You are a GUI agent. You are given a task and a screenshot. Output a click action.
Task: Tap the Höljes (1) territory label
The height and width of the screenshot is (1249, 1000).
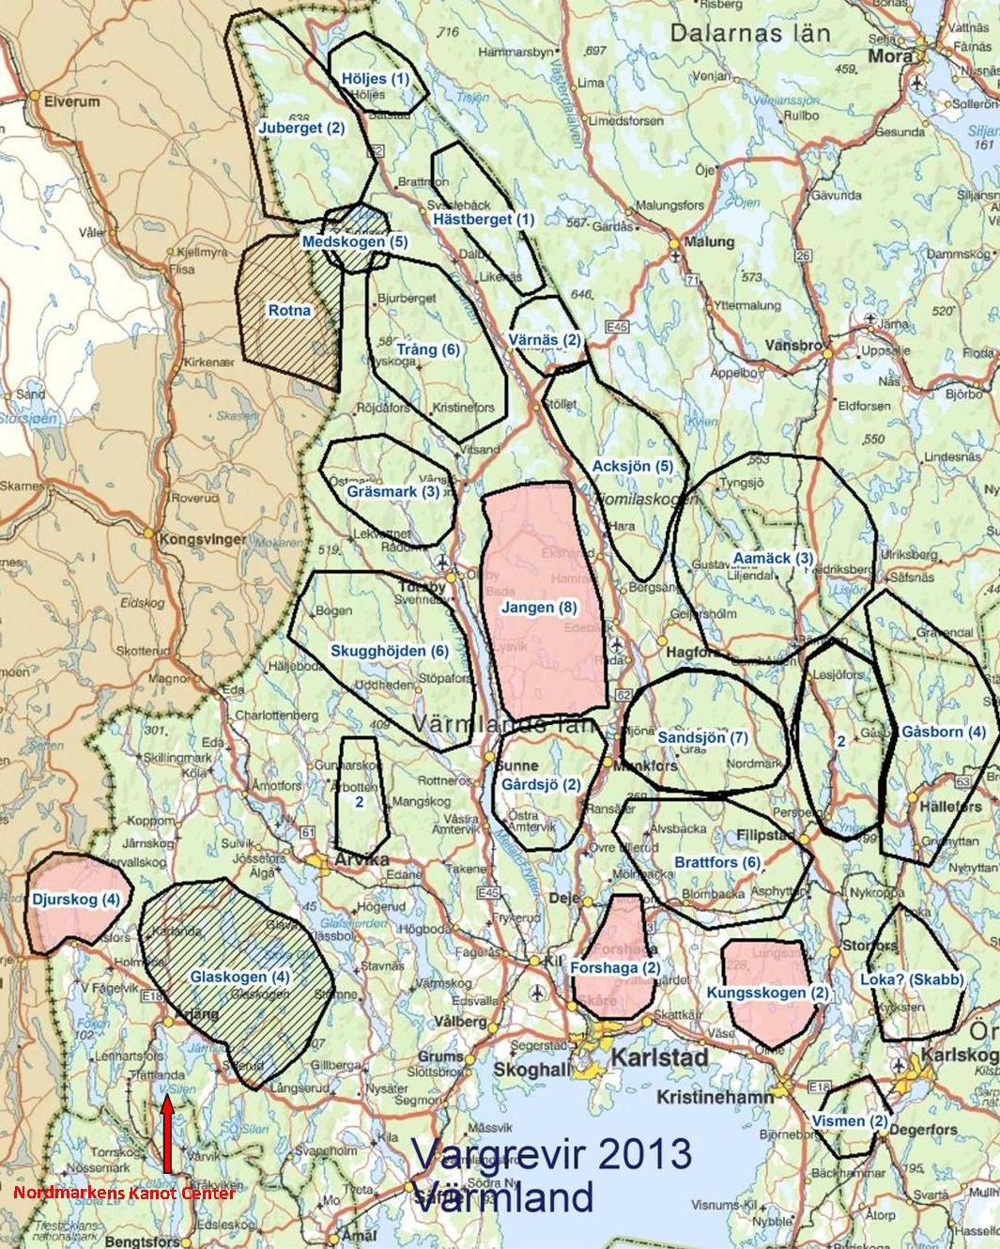[374, 79]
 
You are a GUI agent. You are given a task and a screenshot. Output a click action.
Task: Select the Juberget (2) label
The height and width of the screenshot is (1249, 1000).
[301, 128]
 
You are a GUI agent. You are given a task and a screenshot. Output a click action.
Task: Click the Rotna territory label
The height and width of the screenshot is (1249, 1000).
[289, 310]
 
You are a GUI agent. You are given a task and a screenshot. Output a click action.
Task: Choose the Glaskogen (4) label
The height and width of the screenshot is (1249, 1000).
[240, 977]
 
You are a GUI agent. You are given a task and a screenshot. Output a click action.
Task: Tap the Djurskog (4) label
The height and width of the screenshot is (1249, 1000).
[76, 899]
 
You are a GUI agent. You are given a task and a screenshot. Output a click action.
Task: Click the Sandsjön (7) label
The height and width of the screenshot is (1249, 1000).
[702, 737]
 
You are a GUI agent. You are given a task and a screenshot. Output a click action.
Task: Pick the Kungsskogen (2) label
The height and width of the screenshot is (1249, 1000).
[768, 993]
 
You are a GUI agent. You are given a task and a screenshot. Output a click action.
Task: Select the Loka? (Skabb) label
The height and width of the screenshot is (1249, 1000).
[912, 980]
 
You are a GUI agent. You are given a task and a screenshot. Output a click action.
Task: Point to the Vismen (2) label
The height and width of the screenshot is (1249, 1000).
[850, 1121]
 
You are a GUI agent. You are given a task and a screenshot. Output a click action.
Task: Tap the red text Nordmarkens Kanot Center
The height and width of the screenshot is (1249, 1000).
[124, 1194]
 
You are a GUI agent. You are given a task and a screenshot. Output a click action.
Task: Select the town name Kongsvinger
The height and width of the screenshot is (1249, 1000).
[203, 540]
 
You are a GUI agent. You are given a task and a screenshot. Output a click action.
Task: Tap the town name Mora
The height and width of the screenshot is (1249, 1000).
[890, 56]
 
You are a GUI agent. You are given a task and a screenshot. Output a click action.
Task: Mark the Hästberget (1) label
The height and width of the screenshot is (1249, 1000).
[484, 219]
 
